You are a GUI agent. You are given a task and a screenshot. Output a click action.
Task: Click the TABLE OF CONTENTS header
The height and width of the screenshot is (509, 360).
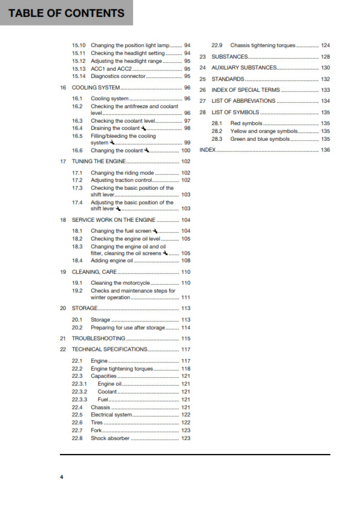[x=67, y=13]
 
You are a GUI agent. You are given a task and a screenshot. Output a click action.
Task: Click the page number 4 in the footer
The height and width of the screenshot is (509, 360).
[x=61, y=478]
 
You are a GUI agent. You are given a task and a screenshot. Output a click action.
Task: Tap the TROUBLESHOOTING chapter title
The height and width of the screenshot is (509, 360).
[x=99, y=339]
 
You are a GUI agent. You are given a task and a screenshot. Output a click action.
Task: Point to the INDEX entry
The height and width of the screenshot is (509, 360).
[x=208, y=149]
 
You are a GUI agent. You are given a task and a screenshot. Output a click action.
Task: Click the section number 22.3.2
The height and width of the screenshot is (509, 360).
[x=79, y=392]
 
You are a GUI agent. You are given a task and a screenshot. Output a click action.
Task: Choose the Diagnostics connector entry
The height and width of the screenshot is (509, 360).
[x=118, y=77]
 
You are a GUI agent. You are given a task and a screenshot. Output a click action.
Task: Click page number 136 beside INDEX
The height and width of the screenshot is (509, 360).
[x=326, y=149]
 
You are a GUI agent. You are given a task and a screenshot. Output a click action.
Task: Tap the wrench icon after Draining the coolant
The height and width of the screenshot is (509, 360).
[x=143, y=129]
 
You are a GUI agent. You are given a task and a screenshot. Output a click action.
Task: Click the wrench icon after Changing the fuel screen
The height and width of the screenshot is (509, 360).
[x=155, y=232]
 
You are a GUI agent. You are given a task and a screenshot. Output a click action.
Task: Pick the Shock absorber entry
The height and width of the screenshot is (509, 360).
[x=110, y=438]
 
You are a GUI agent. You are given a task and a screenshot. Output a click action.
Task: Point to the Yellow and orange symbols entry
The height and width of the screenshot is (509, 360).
[x=265, y=131]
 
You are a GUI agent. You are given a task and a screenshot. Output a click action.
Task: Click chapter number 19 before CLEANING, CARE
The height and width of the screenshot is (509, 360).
[x=63, y=272]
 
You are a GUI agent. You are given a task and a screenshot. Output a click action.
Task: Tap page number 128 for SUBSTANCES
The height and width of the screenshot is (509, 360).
[x=326, y=57]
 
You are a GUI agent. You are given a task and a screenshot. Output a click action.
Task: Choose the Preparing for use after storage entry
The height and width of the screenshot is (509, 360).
[x=128, y=328]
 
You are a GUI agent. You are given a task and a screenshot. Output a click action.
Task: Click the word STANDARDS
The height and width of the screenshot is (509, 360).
[x=228, y=79]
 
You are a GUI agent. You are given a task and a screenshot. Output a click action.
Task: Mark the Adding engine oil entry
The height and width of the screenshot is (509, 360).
[x=111, y=261]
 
